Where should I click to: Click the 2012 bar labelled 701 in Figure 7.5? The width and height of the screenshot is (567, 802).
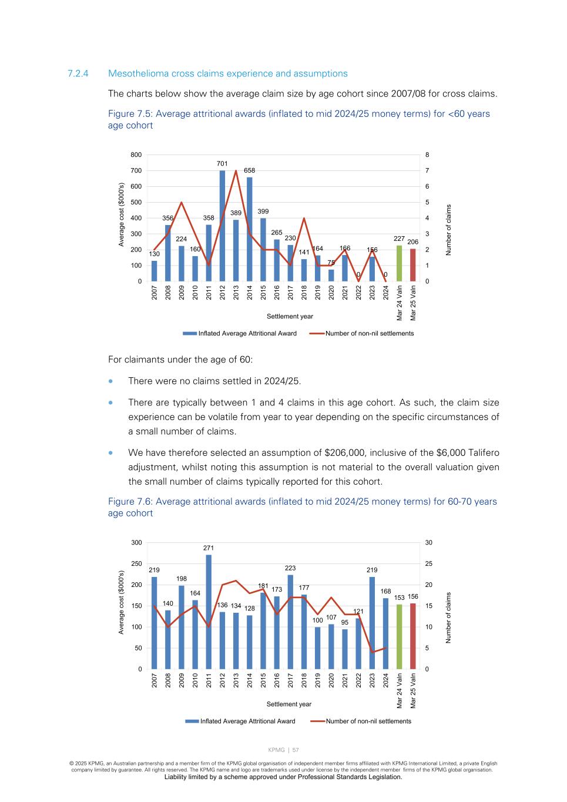pos(222,226)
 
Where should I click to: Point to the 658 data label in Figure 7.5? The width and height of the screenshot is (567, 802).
pos(250,170)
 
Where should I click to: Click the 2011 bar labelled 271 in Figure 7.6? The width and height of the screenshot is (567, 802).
pos(209,612)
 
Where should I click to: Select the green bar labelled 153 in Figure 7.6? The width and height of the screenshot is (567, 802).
pos(400,636)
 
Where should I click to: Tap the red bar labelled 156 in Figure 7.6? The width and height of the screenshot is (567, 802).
pos(413,636)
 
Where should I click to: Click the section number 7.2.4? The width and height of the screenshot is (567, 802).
pos(78,73)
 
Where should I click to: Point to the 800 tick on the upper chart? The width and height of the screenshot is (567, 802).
pos(136,155)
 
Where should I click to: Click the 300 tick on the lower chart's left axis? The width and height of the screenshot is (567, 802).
pos(136,543)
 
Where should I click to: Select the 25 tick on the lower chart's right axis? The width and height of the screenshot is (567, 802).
pos(429,564)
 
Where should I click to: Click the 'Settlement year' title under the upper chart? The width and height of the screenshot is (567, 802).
pos(290,316)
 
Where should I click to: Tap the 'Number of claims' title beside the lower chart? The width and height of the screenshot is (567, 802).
pos(448,618)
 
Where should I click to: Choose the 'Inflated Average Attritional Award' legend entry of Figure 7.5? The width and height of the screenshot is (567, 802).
pos(247,333)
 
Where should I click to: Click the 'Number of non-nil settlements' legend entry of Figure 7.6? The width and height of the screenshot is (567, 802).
pos(368,721)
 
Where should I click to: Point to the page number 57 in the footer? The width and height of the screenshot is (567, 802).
pos(296,750)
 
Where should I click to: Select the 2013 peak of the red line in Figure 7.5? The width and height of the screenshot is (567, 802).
pos(236,170)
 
